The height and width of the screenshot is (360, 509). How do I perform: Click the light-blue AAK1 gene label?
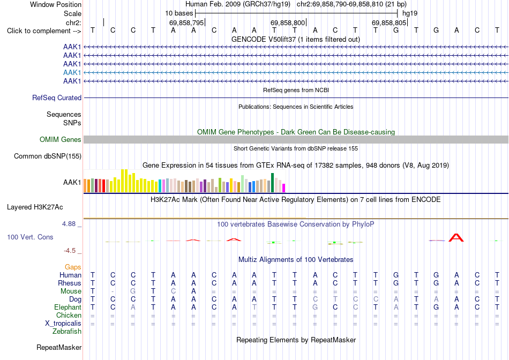[72, 72]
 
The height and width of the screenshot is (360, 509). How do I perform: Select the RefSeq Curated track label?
[57, 97]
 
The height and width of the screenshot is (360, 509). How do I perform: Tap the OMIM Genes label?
[61, 140]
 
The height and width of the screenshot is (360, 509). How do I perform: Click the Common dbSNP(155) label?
[48, 156]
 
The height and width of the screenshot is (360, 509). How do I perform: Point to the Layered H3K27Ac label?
[35, 207]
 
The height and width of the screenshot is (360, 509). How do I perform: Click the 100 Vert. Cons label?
[30, 237]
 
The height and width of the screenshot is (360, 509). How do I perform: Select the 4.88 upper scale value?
[69, 224]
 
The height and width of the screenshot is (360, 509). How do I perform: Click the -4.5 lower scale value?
[70, 250]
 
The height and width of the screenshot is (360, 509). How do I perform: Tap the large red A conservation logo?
[456, 238]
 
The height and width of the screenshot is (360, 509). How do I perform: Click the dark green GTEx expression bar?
[273, 183]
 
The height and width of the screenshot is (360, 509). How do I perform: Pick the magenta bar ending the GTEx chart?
[284, 188]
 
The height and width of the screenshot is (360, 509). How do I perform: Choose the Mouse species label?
[71, 291]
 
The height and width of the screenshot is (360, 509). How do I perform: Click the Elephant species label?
[68, 307]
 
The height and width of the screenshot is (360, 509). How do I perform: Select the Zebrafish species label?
[67, 332]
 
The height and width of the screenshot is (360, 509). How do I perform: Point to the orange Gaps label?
[73, 267]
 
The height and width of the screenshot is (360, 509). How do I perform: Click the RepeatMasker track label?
[59, 347]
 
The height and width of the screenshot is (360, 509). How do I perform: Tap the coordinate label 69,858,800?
[288, 22]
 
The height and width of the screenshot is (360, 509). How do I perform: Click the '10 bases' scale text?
[179, 13]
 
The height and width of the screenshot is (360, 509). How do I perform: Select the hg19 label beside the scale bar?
[410, 13]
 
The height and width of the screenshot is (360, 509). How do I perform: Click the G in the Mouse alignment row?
[133, 291]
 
